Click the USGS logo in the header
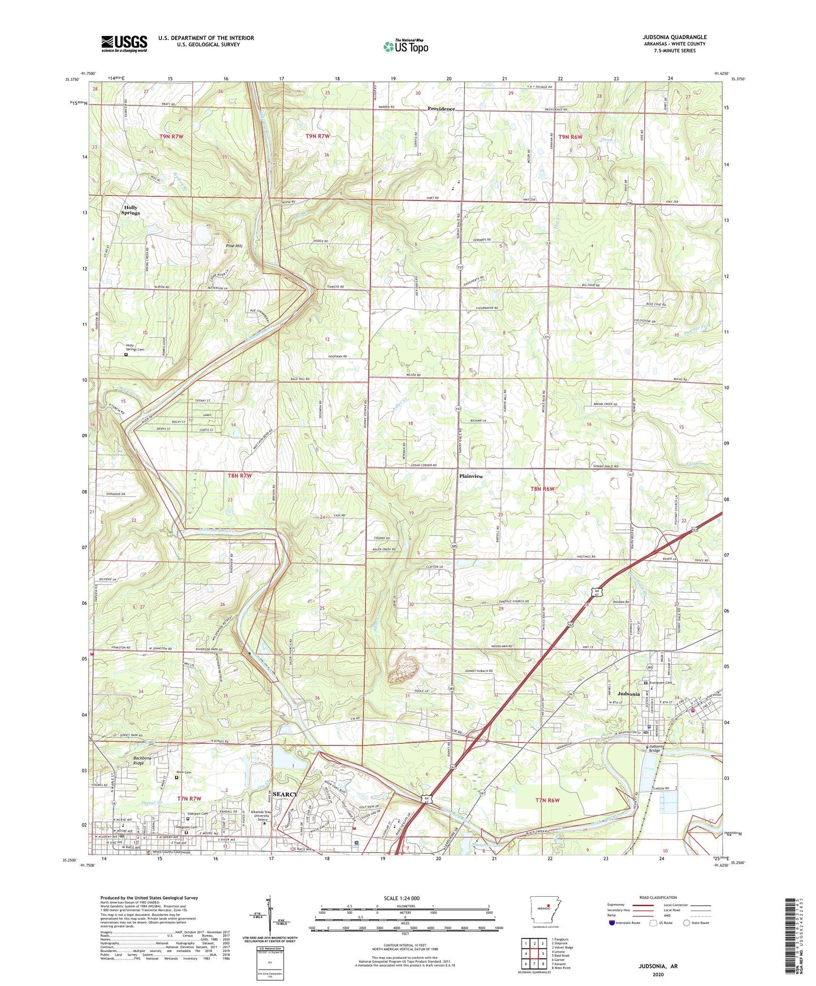124,43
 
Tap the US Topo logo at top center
405,46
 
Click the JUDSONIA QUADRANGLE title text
674,37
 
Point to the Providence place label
441,108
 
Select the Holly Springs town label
130,210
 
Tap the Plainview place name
471,476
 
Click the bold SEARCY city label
285,794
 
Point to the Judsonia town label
629,693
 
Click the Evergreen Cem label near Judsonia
661,682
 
